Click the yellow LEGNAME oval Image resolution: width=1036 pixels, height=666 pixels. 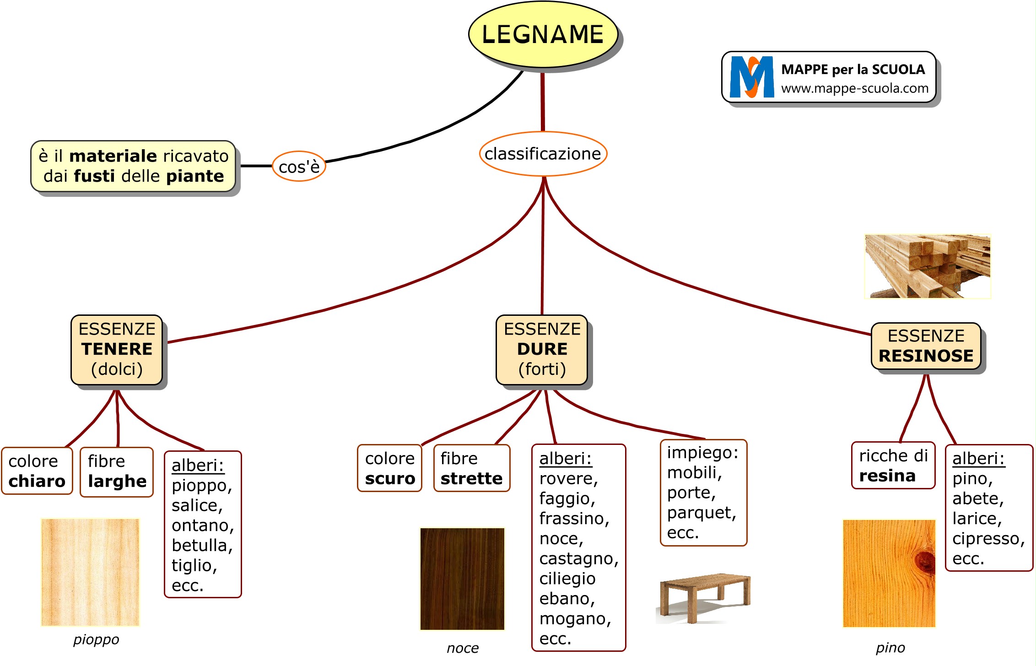(543, 35)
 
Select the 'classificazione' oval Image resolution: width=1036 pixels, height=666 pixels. (543, 154)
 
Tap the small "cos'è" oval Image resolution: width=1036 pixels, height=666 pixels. (299, 167)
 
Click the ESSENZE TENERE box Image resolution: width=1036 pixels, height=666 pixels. (117, 349)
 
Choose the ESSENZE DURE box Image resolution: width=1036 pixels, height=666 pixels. (542, 349)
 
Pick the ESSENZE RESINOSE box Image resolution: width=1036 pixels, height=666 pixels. (926, 346)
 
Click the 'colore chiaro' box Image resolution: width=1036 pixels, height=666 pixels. (37, 471)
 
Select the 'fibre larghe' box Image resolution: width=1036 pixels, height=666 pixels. (117, 471)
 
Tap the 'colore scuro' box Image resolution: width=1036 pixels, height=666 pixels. (389, 468)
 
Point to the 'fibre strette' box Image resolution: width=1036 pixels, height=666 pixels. (471, 468)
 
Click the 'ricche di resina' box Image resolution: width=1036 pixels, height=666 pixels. (893, 466)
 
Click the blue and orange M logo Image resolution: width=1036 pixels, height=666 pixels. (751, 77)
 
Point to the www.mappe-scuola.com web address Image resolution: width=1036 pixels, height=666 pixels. (854, 88)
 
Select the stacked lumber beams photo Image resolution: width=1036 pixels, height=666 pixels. (928, 266)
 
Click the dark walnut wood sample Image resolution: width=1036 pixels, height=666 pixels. (462, 579)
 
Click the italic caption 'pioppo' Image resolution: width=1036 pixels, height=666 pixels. (96, 639)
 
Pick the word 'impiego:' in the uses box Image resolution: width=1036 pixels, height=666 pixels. (702, 453)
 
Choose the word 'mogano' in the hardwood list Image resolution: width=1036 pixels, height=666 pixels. (575, 619)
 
